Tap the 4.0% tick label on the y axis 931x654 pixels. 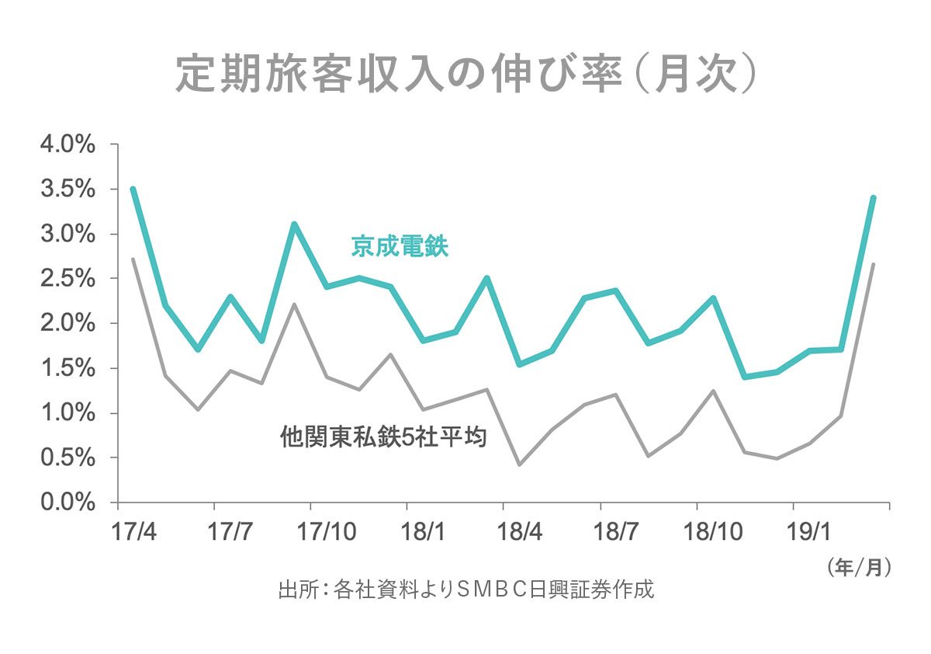point(67,144)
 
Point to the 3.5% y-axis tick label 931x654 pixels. point(67,190)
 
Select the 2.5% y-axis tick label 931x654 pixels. point(67,279)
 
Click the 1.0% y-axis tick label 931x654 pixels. point(67,413)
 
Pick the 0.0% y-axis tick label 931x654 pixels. point(67,503)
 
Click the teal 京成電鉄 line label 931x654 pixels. point(400,248)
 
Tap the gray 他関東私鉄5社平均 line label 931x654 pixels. point(383,437)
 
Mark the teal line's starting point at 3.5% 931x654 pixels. point(133,189)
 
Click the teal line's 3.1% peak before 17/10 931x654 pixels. point(294,224)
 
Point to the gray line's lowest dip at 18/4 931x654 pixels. point(519,464)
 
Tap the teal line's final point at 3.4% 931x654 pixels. point(874,198)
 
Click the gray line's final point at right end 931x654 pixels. point(874,265)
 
